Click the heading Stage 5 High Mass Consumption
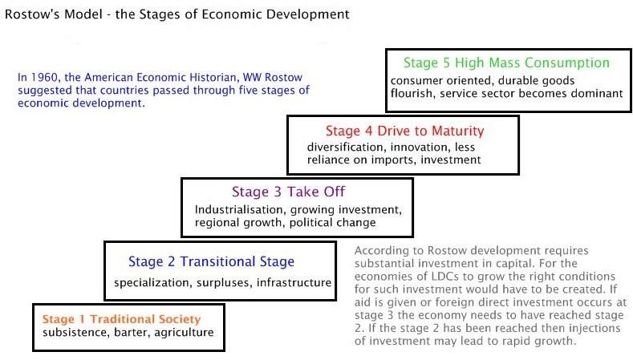[507, 63]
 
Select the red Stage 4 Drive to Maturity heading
[405, 131]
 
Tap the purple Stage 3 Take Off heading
[288, 192]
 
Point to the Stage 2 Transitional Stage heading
[211, 261]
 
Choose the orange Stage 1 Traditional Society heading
[121, 319]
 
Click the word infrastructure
[294, 282]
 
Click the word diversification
[345, 147]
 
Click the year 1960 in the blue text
[44, 77]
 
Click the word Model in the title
[83, 14]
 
